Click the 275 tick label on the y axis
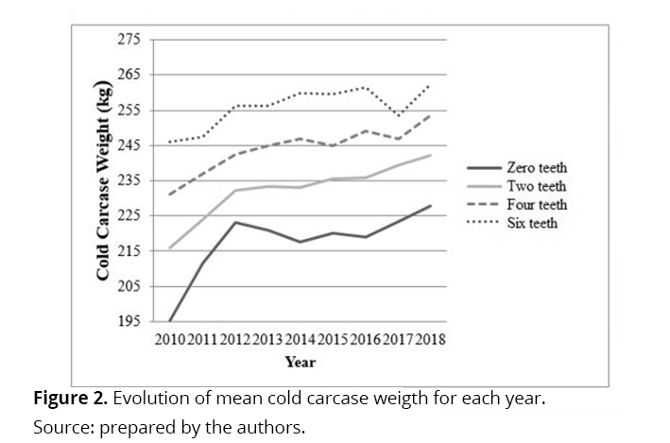click(129, 40)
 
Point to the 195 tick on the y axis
click(129, 321)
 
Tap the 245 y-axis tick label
click(129, 145)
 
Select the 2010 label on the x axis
click(169, 340)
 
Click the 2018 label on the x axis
click(430, 340)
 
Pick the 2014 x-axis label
click(300, 340)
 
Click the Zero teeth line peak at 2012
click(235, 222)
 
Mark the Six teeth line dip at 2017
click(398, 116)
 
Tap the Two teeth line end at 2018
click(431, 155)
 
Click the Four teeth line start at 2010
click(169, 195)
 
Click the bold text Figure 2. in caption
click(68, 398)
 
